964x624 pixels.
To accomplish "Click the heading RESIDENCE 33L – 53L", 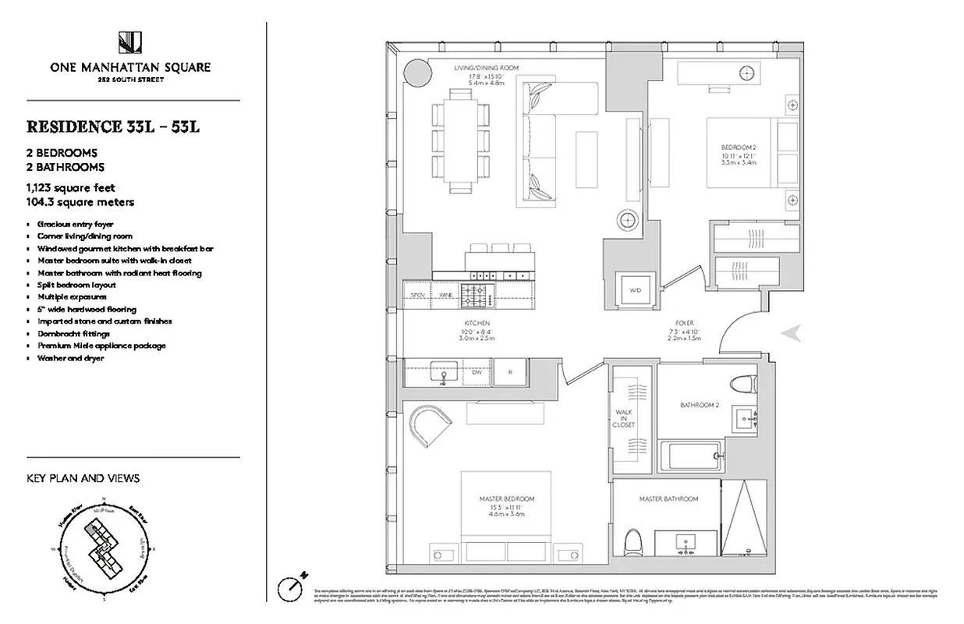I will pyautogui.click(x=114, y=127).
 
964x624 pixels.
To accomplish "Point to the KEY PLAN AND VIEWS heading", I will pyautogui.click(x=83, y=478).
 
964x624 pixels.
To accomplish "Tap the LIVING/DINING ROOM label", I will pyautogui.click(x=486, y=68).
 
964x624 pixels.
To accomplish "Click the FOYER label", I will pyautogui.click(x=685, y=323).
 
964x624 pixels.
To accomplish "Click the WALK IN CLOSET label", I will pyautogui.click(x=625, y=418).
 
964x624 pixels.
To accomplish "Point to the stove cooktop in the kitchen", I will pyautogui.click(x=476, y=295).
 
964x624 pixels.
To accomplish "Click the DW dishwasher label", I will pyautogui.click(x=477, y=373).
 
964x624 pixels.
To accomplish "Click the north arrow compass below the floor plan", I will pyautogui.click(x=291, y=587).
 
